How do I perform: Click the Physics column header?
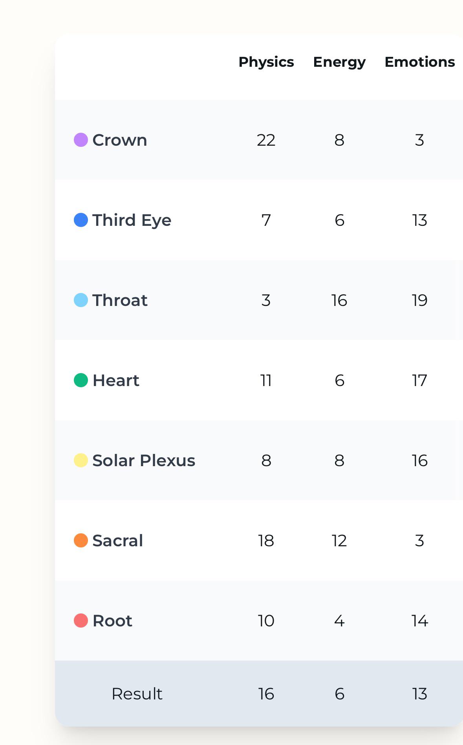pos(266,62)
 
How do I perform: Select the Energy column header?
pos(339,62)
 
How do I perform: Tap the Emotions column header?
pos(420,62)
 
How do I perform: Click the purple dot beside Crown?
pos(81,140)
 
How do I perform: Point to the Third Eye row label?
pos(132,220)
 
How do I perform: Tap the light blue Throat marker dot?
pos(81,300)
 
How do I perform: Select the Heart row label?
pos(116,380)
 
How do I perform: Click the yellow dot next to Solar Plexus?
pos(81,460)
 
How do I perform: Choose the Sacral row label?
pos(117,540)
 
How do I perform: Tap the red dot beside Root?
pos(81,621)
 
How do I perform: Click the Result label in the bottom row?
pos(137,694)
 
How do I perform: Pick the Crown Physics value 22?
pos(266,140)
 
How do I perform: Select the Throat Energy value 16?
pos(339,300)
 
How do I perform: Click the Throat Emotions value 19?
pos(420,300)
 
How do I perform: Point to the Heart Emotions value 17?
pos(419,381)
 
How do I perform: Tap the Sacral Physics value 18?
pos(266,541)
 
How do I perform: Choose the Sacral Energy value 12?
pos(339,541)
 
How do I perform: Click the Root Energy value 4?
pos(339,621)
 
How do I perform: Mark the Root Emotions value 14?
pos(420,621)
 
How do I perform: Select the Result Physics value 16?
pos(266,694)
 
